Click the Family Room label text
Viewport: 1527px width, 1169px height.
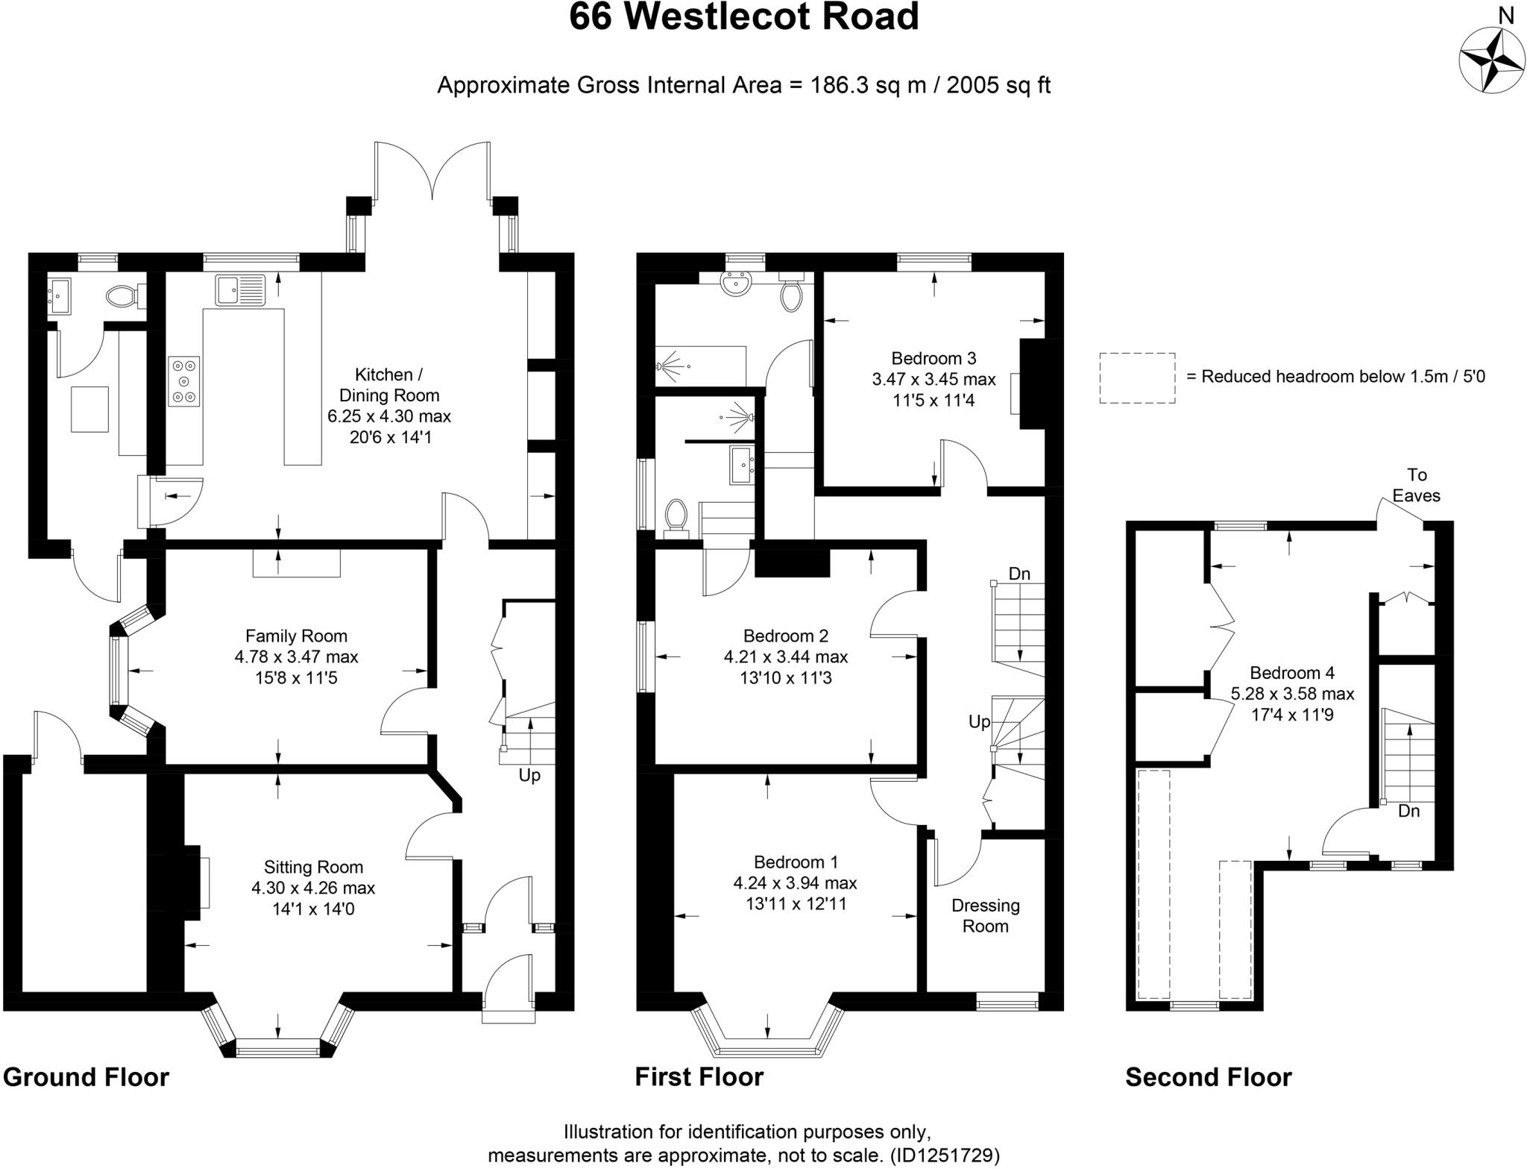point(296,636)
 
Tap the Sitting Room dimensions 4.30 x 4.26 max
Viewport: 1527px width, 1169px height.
point(313,888)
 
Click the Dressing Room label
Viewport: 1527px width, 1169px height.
point(985,915)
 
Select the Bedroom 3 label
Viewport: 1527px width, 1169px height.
point(933,358)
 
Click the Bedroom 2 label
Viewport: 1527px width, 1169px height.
point(785,636)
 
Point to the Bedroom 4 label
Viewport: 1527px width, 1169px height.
point(1292,673)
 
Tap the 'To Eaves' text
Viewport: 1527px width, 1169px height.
point(1416,485)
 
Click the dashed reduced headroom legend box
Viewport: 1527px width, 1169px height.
point(1137,378)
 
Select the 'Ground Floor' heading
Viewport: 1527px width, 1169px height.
point(86,1077)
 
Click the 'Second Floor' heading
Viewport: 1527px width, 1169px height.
point(1208,1077)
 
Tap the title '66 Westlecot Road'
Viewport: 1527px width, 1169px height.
point(743,18)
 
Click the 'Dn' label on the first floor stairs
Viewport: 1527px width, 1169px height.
point(1019,574)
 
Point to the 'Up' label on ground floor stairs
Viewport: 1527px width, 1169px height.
point(529,776)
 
